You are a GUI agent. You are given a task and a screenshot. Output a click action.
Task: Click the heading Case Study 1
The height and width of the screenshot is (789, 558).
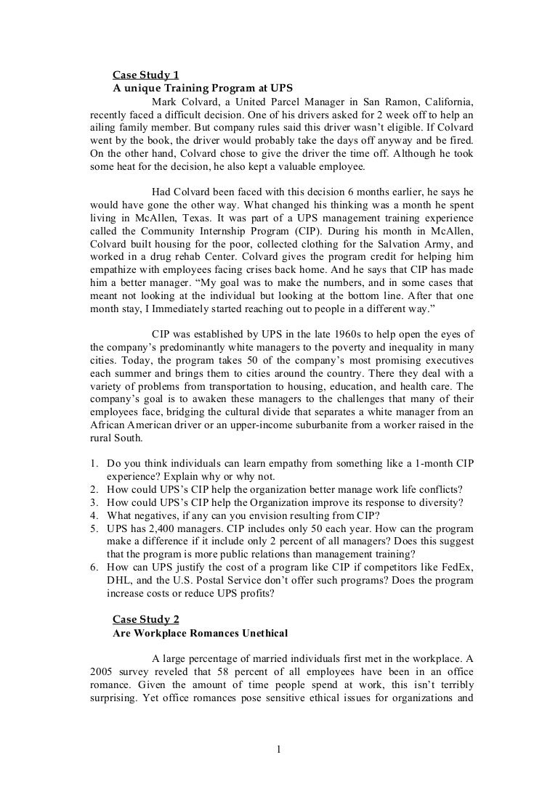(x=145, y=75)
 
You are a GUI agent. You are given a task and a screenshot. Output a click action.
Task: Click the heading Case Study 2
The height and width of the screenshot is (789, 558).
(x=145, y=618)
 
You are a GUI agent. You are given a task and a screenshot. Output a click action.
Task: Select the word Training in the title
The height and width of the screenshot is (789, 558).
(x=180, y=88)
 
